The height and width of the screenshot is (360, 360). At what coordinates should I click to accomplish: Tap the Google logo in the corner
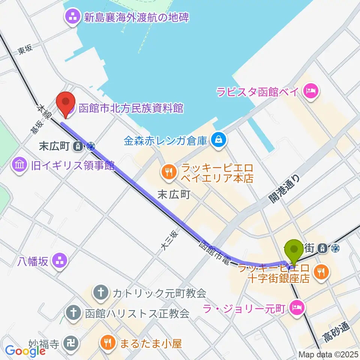point(25,351)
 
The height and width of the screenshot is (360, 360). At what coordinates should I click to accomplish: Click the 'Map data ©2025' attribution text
point(328,354)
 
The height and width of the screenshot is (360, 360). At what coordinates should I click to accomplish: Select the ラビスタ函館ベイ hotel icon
point(311,91)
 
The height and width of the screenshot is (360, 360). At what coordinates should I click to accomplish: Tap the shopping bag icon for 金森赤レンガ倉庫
point(217,140)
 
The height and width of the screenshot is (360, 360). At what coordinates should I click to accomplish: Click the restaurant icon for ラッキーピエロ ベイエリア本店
point(167,172)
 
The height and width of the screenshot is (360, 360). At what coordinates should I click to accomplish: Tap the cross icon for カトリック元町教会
point(100,292)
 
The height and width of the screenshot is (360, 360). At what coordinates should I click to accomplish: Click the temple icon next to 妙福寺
point(70,342)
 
